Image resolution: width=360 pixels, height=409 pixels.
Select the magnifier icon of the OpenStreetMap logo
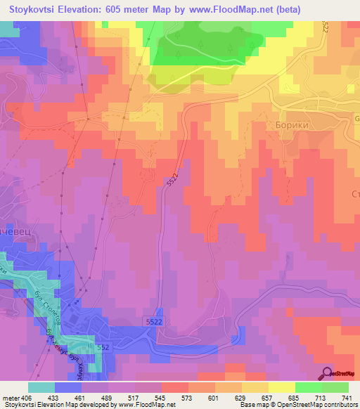tap(327, 373)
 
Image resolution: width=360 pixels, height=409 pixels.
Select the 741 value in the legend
tap(346, 398)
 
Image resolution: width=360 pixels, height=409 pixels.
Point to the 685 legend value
tap(293, 398)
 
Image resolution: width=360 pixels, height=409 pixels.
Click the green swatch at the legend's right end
tap(335, 387)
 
